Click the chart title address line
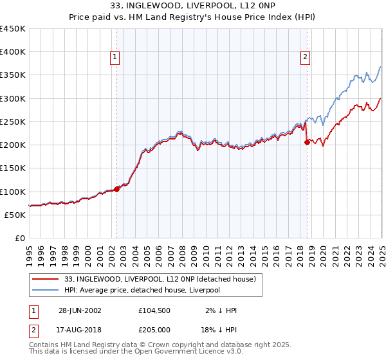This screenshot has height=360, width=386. pyautogui.click(x=193, y=6)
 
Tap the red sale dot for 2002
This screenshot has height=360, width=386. pyautogui.click(x=117, y=189)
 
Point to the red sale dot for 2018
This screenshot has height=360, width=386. pyautogui.click(x=307, y=143)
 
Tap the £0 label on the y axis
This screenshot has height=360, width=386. pyautogui.click(x=20, y=238)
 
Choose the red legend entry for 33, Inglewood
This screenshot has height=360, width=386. pyautogui.click(x=160, y=279)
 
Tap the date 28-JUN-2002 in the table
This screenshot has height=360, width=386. pyautogui.click(x=80, y=310)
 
